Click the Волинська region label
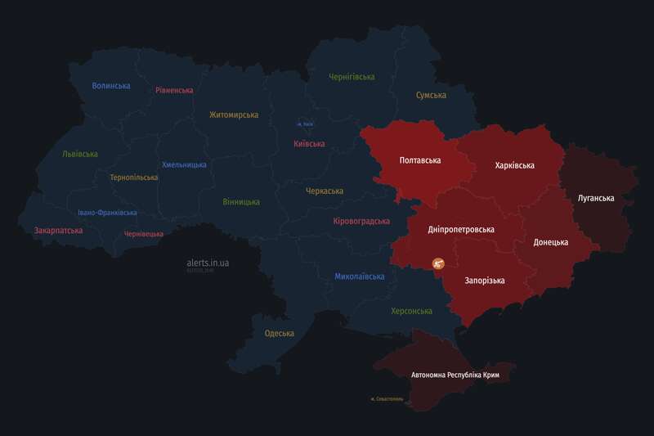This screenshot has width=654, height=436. click(111, 86)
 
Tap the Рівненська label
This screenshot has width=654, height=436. click(174, 90)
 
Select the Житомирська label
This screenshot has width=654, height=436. click(234, 115)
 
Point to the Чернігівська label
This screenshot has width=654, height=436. click(352, 77)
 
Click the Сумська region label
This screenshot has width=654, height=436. click(431, 96)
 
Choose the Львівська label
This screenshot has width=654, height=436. click(80, 154)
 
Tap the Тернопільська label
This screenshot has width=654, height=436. click(134, 177)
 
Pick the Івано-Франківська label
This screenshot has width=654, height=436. click(107, 213)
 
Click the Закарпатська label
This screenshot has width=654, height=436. click(58, 231)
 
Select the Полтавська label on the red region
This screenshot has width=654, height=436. click(420, 160)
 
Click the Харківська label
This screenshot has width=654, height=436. click(515, 165)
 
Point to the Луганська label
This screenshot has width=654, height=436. click(595, 198)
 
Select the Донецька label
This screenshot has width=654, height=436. click(550, 242)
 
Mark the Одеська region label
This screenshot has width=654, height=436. click(280, 333)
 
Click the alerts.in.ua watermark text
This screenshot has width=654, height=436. click(208, 263)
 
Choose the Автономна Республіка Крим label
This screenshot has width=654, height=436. click(455, 375)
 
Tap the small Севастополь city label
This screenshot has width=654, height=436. click(387, 399)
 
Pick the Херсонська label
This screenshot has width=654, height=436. click(411, 311)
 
